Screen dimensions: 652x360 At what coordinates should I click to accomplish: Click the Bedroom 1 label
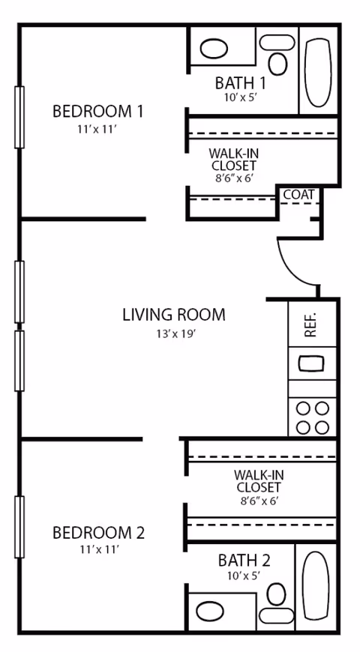[97, 112]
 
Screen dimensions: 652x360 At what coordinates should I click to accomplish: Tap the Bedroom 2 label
[97, 533]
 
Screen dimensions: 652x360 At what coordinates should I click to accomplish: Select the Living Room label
[173, 314]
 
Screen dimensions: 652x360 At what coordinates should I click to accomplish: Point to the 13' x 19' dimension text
[173, 333]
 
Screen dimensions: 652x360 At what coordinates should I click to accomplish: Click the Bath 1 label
[240, 82]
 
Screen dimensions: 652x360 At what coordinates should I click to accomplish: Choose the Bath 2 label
[244, 560]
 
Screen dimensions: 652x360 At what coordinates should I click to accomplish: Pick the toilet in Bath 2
[277, 595]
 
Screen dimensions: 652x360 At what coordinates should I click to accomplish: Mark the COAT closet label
[298, 195]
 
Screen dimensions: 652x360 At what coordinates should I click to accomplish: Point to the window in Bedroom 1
[19, 117]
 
